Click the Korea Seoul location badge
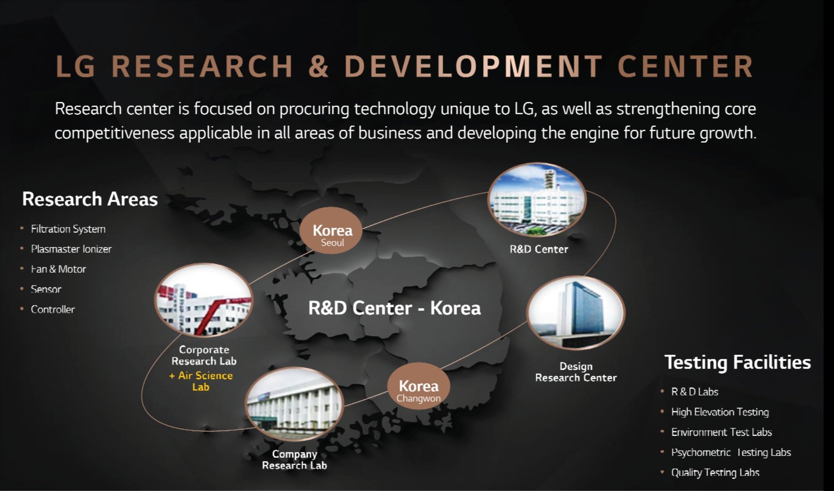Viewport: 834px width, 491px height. click(331, 230)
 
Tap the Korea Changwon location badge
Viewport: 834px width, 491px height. click(419, 386)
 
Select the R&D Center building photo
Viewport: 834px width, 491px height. click(537, 200)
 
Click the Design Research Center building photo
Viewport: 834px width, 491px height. click(576, 313)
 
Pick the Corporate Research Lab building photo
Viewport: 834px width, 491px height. click(204, 301)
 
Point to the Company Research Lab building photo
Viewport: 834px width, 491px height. click(295, 404)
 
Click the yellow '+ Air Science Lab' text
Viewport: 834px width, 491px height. click(201, 381)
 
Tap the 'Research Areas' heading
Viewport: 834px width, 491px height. click(90, 199)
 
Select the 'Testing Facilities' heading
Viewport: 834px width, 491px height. click(738, 362)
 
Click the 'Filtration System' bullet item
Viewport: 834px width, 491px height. click(68, 229)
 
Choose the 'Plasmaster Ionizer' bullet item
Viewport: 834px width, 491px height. click(71, 249)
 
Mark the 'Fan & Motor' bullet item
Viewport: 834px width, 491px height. click(58, 269)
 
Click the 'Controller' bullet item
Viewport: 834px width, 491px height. click(53, 309)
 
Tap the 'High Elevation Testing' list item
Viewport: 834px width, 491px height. click(720, 412)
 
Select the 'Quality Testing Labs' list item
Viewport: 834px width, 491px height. click(715, 472)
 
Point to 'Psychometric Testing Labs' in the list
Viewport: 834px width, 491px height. click(731, 452)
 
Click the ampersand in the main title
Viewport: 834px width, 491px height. click(319, 66)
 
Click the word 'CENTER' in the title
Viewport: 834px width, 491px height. click(685, 66)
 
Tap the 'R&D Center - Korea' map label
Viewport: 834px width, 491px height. click(395, 308)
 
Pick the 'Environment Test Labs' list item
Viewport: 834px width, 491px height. click(721, 432)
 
